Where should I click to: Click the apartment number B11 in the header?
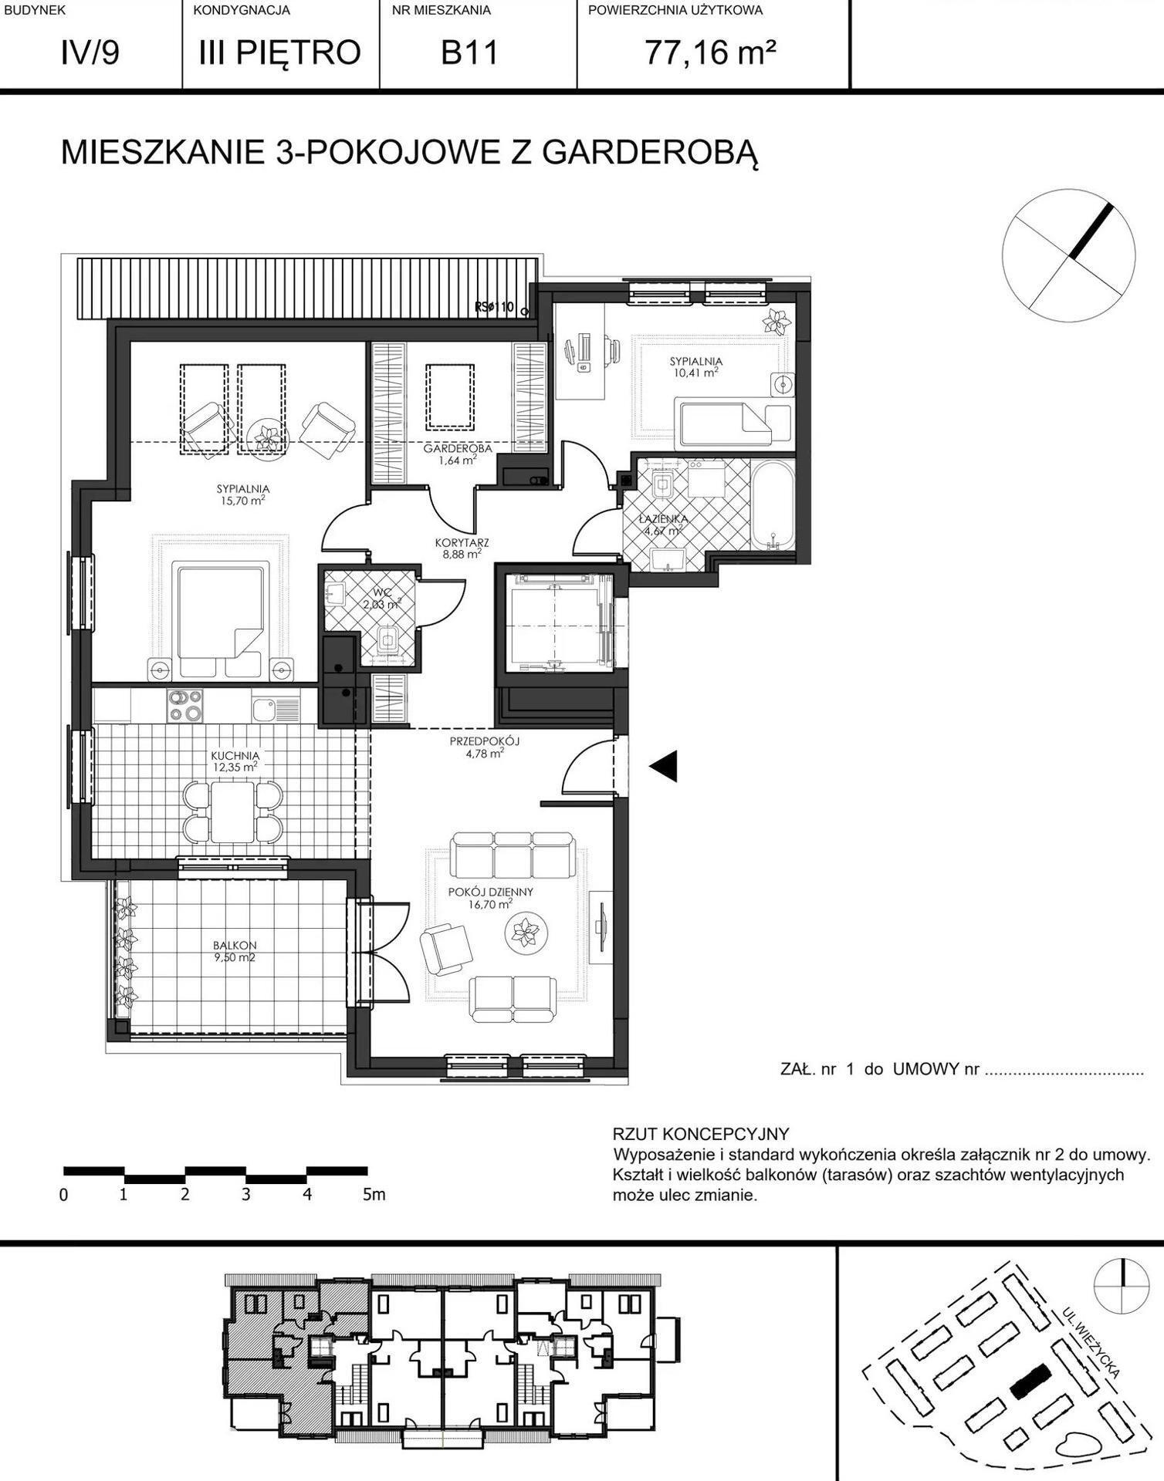(x=470, y=53)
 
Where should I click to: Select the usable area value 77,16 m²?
(x=710, y=53)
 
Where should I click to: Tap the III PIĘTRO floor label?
(x=280, y=52)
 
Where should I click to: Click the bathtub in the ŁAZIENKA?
(x=773, y=505)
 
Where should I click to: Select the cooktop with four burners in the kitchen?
(x=185, y=705)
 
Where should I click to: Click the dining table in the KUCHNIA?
(x=234, y=812)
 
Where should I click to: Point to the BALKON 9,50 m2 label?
(x=235, y=951)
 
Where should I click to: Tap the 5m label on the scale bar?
(x=374, y=1195)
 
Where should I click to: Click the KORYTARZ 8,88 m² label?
(x=462, y=548)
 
